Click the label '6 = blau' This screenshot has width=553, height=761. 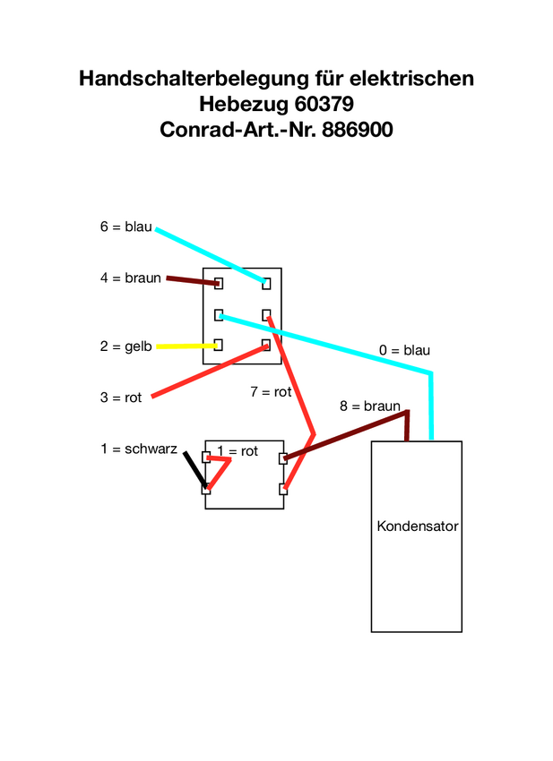(125, 227)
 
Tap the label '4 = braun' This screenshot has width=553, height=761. (130, 278)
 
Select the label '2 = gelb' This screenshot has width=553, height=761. (125, 346)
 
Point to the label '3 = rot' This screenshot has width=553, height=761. (120, 398)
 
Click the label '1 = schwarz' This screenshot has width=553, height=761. (138, 449)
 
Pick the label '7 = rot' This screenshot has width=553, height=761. (271, 392)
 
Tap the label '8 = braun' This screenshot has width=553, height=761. (369, 406)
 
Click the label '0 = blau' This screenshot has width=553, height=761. (404, 350)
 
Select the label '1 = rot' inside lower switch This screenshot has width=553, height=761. (238, 451)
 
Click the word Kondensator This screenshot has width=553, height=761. (417, 526)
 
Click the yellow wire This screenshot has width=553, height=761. (185, 346)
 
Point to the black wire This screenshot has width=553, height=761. (194, 468)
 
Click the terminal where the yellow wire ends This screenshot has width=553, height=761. (218, 345)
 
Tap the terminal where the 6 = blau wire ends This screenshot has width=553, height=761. (266, 284)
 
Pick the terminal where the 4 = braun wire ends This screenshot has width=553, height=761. (218, 284)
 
